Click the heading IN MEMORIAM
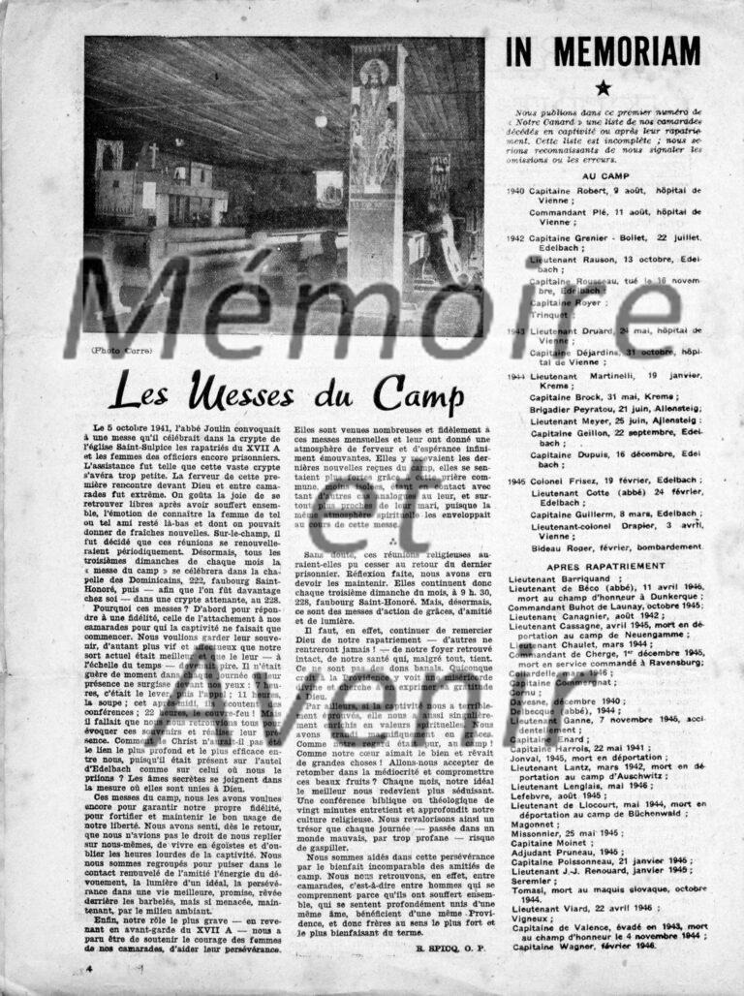pos(602,51)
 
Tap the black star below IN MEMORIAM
pos(603,88)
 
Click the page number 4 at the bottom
pos(89,966)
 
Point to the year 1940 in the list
pos(515,191)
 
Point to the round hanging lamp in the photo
pos(321,121)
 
